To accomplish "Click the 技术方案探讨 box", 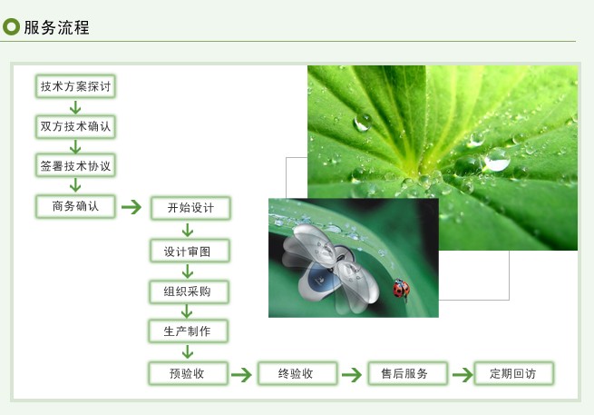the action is (x=75, y=86).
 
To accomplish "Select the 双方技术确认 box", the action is (x=75, y=126).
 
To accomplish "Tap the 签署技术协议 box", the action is (x=75, y=165).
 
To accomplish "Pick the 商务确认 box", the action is (x=75, y=206).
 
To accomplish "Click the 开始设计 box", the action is (x=190, y=208).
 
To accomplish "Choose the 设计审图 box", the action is (x=190, y=251).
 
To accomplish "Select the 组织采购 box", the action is (x=189, y=291).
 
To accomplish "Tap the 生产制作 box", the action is (x=189, y=331).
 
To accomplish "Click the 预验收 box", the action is (x=189, y=373).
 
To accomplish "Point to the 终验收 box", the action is (x=297, y=373).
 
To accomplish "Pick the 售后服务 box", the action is (x=407, y=373).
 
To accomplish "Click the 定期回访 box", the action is (x=514, y=373).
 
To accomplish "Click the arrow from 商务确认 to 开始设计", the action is (x=131, y=207).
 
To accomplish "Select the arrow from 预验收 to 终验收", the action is (x=241, y=375).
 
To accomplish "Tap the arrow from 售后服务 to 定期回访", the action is (x=463, y=375).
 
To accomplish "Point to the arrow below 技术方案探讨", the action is (x=75, y=107).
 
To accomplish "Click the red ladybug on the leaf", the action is (x=401, y=289).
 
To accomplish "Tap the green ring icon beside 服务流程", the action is (x=11, y=27).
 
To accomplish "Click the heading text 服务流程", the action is (x=57, y=27).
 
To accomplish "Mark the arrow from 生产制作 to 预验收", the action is (x=188, y=352).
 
